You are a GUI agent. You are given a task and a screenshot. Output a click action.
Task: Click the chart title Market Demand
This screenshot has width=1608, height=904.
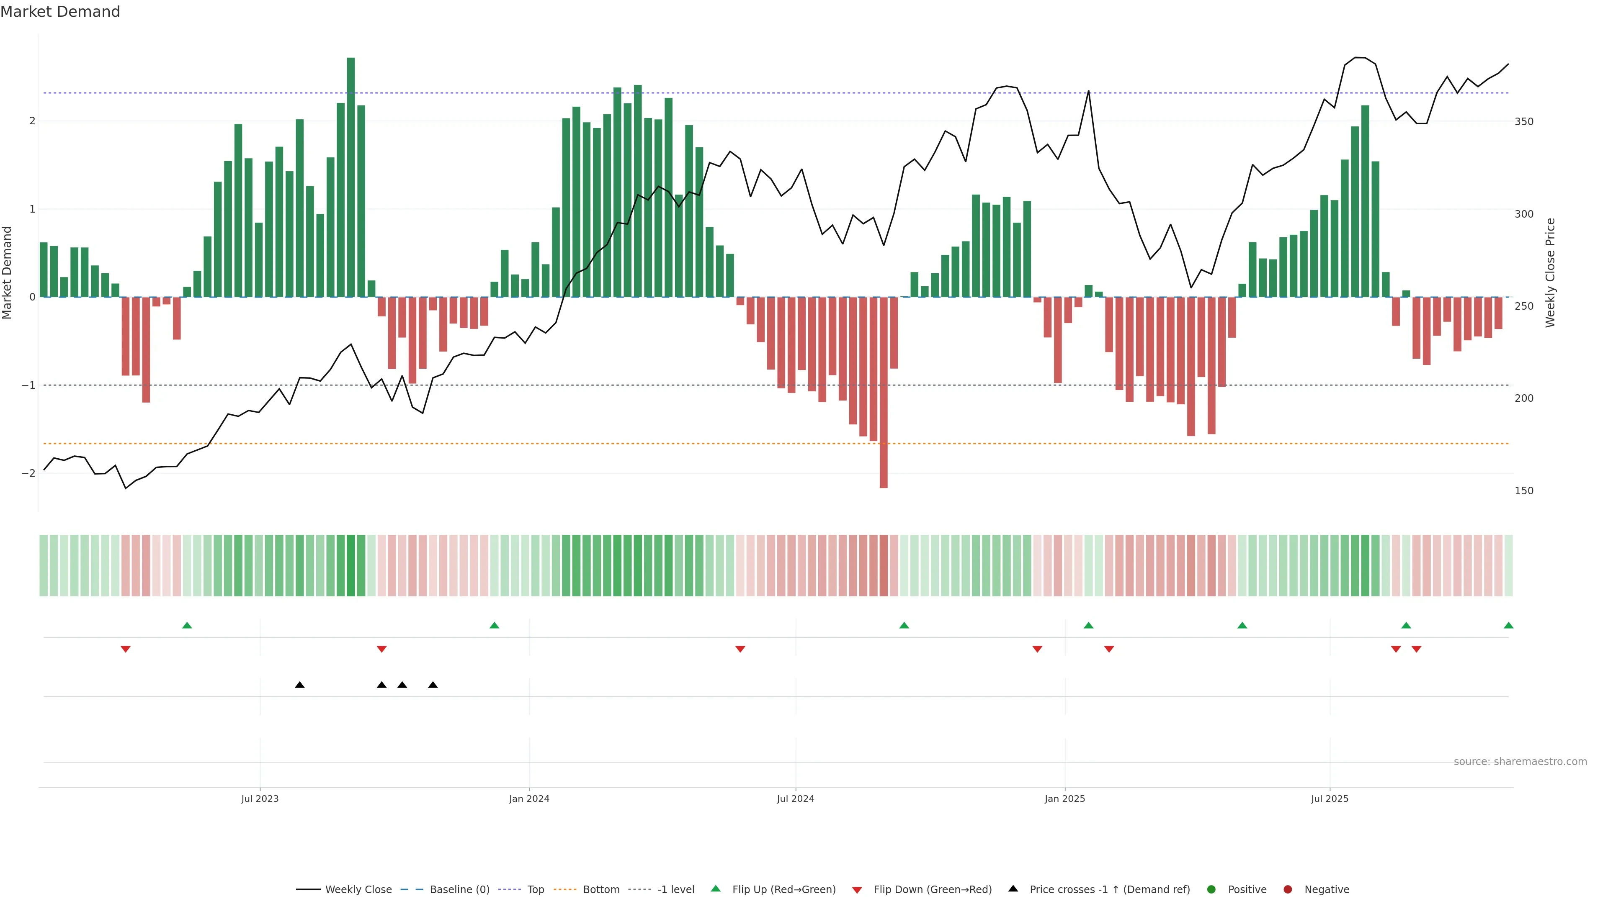point(60,12)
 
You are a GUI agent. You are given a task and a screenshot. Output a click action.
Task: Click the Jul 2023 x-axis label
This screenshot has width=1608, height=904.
point(260,799)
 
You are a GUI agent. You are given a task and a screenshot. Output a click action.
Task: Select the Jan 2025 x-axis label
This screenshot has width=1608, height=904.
point(1065,799)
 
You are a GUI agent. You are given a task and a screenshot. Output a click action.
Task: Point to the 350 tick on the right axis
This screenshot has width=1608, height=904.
point(1524,122)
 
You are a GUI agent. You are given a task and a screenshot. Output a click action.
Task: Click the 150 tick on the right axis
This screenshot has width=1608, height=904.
point(1524,491)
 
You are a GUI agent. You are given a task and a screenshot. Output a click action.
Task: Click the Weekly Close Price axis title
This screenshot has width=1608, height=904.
point(1551,272)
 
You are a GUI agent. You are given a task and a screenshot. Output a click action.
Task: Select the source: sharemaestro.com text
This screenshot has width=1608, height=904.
point(1520,762)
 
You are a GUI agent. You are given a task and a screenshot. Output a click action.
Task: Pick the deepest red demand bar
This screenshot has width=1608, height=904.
point(883,393)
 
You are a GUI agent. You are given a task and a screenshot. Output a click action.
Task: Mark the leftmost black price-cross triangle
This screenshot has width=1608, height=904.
point(300,685)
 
